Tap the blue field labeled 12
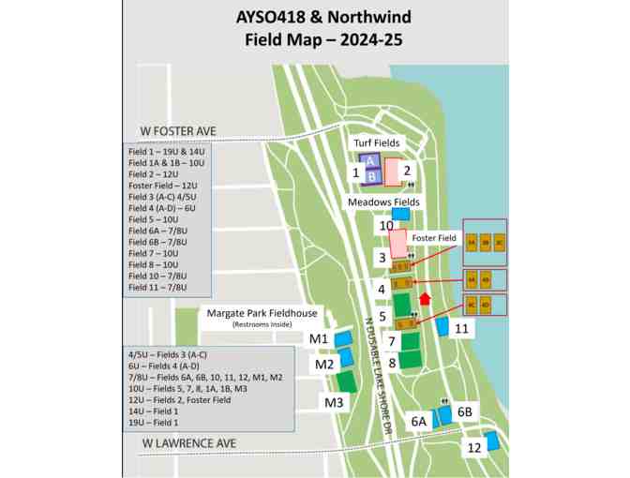click(x=490, y=441)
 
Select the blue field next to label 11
click(x=441, y=327)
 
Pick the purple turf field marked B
click(x=371, y=174)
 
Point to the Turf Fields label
click(x=376, y=142)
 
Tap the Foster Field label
click(x=433, y=238)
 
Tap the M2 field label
click(x=324, y=364)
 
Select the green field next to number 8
click(x=409, y=361)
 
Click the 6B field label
click(x=465, y=412)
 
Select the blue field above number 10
click(x=400, y=214)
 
